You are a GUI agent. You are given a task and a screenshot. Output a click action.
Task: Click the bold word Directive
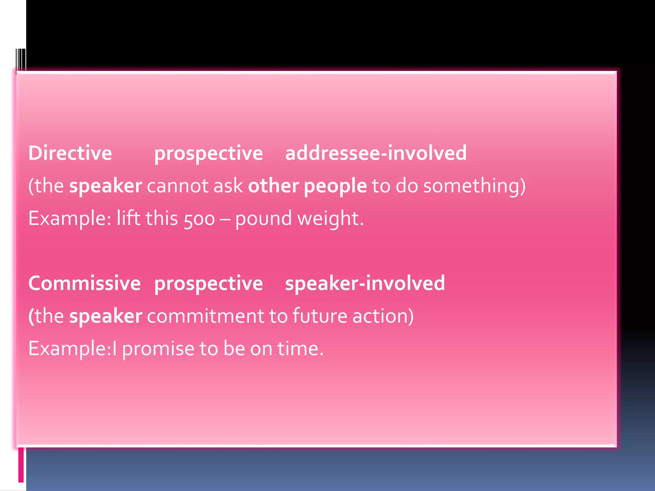(x=70, y=153)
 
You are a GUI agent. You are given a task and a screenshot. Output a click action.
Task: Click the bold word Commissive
(x=84, y=283)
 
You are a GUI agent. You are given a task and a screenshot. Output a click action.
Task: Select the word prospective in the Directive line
(x=209, y=153)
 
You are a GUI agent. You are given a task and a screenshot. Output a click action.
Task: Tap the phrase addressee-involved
(x=376, y=153)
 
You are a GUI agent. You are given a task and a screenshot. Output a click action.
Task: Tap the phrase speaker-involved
(x=365, y=283)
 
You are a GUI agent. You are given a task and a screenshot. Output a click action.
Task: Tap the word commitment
(x=205, y=316)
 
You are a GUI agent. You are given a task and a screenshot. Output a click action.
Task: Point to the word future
(x=320, y=316)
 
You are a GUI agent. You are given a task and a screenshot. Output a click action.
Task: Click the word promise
(x=158, y=349)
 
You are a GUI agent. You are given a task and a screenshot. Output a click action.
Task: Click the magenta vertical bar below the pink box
(x=21, y=465)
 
